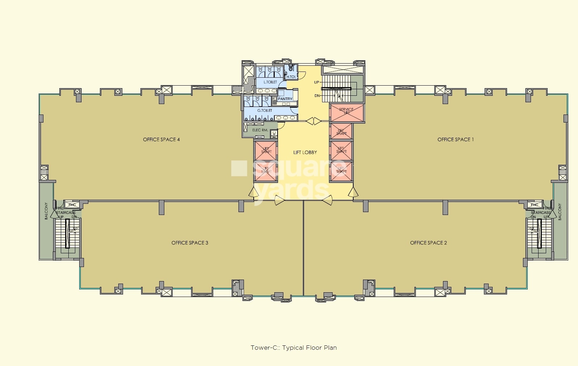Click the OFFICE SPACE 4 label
pos(161,139)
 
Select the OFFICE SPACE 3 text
pos(190,243)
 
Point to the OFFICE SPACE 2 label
pos(428,243)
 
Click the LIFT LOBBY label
pos(305,152)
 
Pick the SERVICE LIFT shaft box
pos(346,113)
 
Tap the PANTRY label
pos(285,99)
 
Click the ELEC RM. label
pos(260,130)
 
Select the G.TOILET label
pos(265,111)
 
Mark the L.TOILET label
pos(270,82)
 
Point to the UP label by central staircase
pos(317,82)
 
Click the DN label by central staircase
pos(317,96)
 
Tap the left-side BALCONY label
pos(46,211)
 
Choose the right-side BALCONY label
pos(560,212)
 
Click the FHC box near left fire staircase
pos(72,205)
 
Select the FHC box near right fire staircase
pos(535,205)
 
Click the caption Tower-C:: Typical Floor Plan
pos(294,348)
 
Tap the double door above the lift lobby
pos(313,121)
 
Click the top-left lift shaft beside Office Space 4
pos(266,150)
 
